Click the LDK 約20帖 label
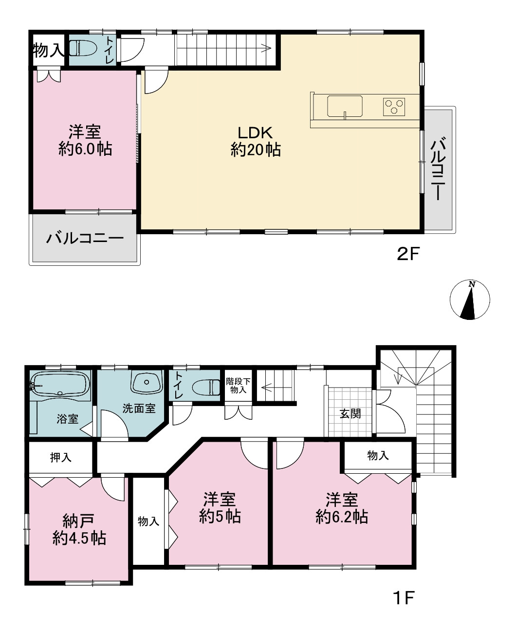256,141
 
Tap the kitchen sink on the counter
345,106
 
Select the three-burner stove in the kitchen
394,107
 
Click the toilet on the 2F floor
82,48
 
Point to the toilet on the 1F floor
206,388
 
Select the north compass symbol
470,300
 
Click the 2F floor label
408,254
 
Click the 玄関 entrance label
350,414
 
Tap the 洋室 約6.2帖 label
342,508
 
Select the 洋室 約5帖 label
220,508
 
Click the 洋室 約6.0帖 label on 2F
85,140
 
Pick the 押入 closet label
60,457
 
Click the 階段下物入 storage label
238,386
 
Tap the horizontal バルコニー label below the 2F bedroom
85,238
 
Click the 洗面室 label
139,409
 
